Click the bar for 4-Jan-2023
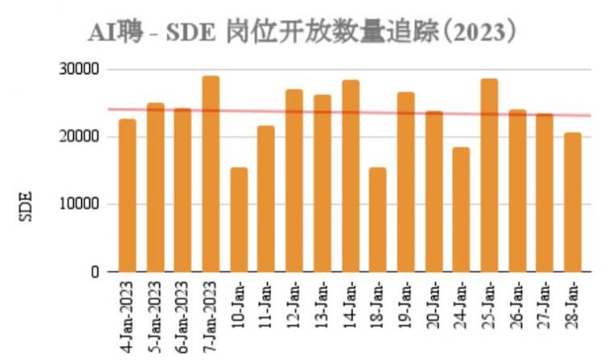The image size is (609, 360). [127, 196]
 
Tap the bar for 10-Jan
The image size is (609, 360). [239, 219]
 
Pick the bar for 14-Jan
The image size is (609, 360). [350, 176]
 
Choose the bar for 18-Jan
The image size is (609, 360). [378, 219]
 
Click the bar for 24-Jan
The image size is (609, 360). [461, 210]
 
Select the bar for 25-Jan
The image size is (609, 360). [489, 176]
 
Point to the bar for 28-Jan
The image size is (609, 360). [572, 202]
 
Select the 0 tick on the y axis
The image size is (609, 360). [94, 272]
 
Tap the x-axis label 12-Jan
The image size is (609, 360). [295, 301]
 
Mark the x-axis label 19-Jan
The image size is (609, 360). [406, 301]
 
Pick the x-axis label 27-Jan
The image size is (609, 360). [545, 301]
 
